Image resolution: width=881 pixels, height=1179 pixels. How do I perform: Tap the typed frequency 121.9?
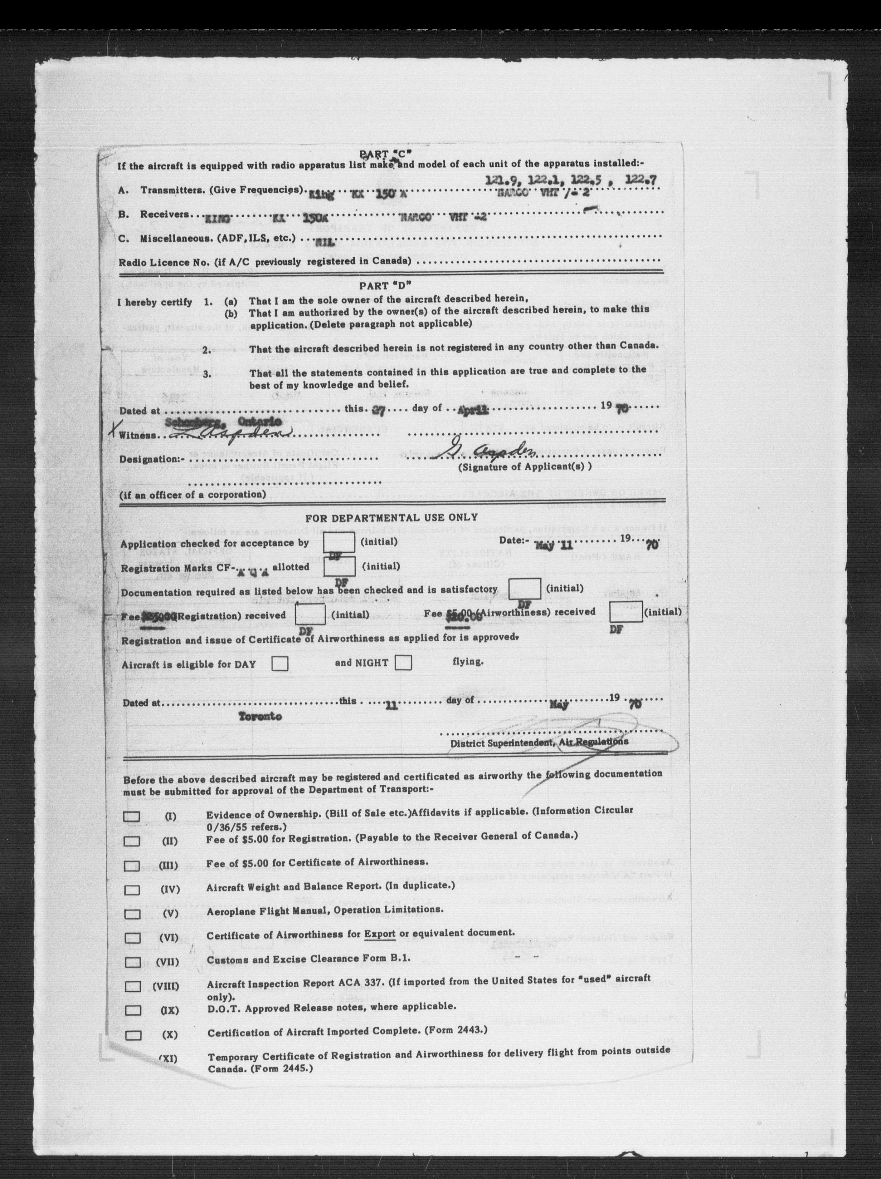point(501,181)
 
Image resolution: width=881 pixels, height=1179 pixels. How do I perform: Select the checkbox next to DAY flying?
point(280,663)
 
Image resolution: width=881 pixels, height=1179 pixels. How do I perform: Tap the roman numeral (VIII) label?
point(166,987)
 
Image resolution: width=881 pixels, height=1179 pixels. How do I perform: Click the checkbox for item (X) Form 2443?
point(133,1035)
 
